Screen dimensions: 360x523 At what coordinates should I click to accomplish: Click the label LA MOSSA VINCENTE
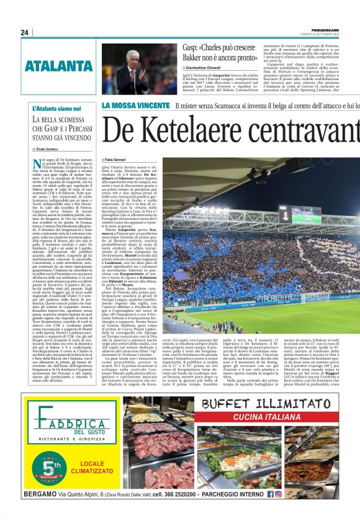click(x=135, y=106)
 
